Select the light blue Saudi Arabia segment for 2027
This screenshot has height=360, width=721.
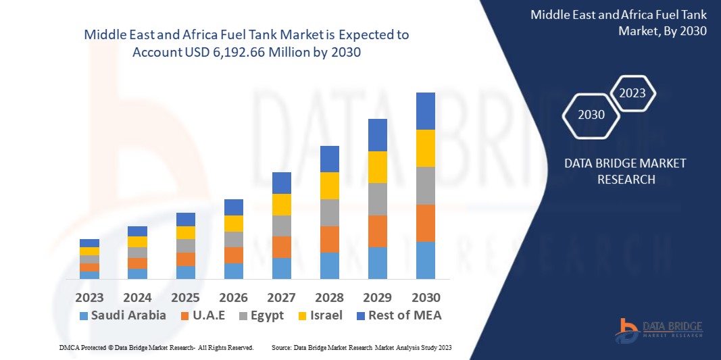coord(281,268)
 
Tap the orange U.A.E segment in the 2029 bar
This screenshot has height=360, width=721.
coord(377,231)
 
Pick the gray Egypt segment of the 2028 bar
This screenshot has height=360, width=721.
coord(329,212)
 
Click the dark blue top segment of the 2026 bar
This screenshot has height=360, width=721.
coord(233,207)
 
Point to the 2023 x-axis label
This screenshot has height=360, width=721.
coord(89,297)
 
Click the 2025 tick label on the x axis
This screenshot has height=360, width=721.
coord(185,297)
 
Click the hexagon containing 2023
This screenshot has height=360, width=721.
coord(632,93)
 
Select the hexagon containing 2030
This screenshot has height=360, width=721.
coord(591,114)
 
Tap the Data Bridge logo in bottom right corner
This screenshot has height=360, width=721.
coord(658,330)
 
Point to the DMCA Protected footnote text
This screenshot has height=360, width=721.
coord(155,347)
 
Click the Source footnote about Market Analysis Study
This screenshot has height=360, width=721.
coord(361,347)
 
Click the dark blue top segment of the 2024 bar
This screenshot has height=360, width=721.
coord(137,231)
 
